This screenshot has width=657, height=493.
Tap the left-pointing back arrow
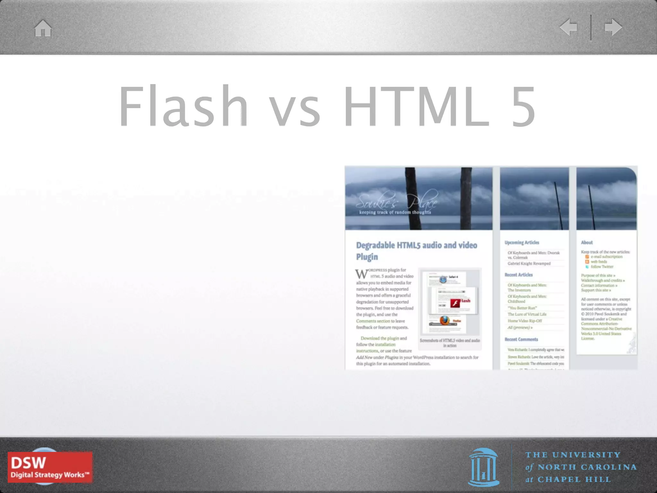pyautogui.click(x=568, y=27)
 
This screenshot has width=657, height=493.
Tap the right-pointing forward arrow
pyautogui.click(x=613, y=27)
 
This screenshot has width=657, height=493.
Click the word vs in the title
pyautogui.click(x=294, y=109)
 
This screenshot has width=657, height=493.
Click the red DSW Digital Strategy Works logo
pyautogui.click(x=50, y=467)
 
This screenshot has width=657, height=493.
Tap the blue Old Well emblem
pyautogui.click(x=483, y=467)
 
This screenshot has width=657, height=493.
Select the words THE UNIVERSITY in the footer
pyautogui.click(x=573, y=455)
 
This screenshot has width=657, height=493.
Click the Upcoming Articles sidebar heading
pyautogui.click(x=522, y=243)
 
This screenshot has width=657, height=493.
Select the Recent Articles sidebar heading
pyautogui.click(x=518, y=275)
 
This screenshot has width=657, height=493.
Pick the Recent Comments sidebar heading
pyautogui.click(x=521, y=339)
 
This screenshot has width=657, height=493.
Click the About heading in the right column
pyautogui.click(x=587, y=243)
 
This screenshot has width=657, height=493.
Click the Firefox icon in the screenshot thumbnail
pyautogui.click(x=445, y=320)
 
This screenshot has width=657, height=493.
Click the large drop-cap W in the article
pyautogui.click(x=362, y=274)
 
